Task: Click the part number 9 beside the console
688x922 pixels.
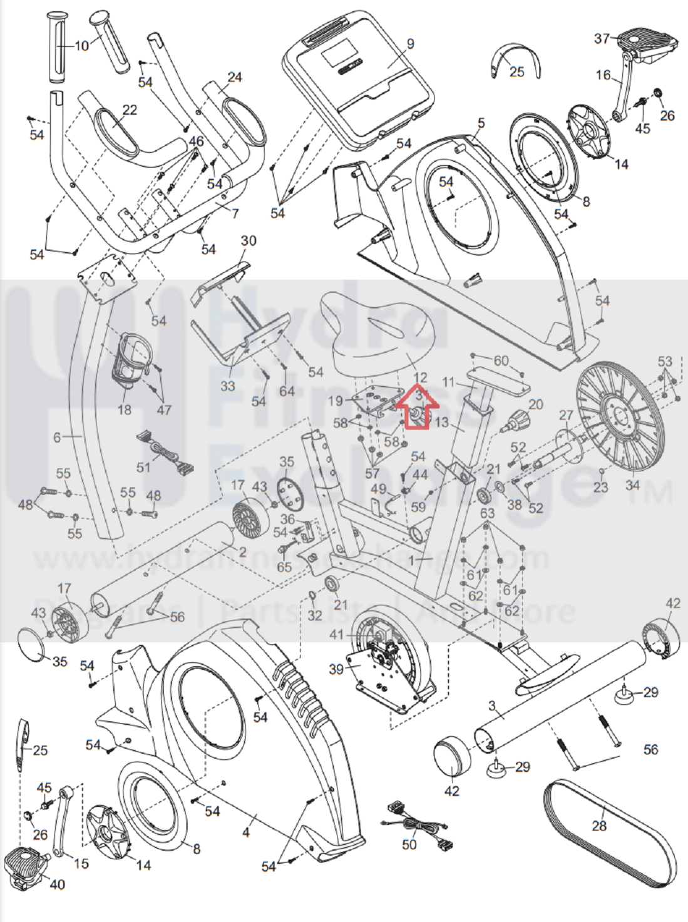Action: pyautogui.click(x=410, y=44)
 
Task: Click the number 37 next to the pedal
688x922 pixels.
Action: pyautogui.click(x=602, y=39)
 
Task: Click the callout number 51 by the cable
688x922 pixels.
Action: pyautogui.click(x=143, y=467)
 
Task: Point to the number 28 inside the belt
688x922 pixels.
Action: pyautogui.click(x=599, y=826)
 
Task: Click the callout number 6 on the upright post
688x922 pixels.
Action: pyautogui.click(x=57, y=437)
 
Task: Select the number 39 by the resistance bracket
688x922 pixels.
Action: pyautogui.click(x=336, y=669)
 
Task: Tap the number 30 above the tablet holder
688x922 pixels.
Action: pyautogui.click(x=249, y=241)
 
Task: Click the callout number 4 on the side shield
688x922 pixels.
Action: pyautogui.click(x=246, y=832)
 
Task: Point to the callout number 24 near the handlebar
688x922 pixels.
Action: pyautogui.click(x=235, y=78)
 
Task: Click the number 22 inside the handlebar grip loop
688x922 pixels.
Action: pyautogui.click(x=130, y=110)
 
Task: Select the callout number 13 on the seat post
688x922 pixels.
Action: pyautogui.click(x=441, y=423)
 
